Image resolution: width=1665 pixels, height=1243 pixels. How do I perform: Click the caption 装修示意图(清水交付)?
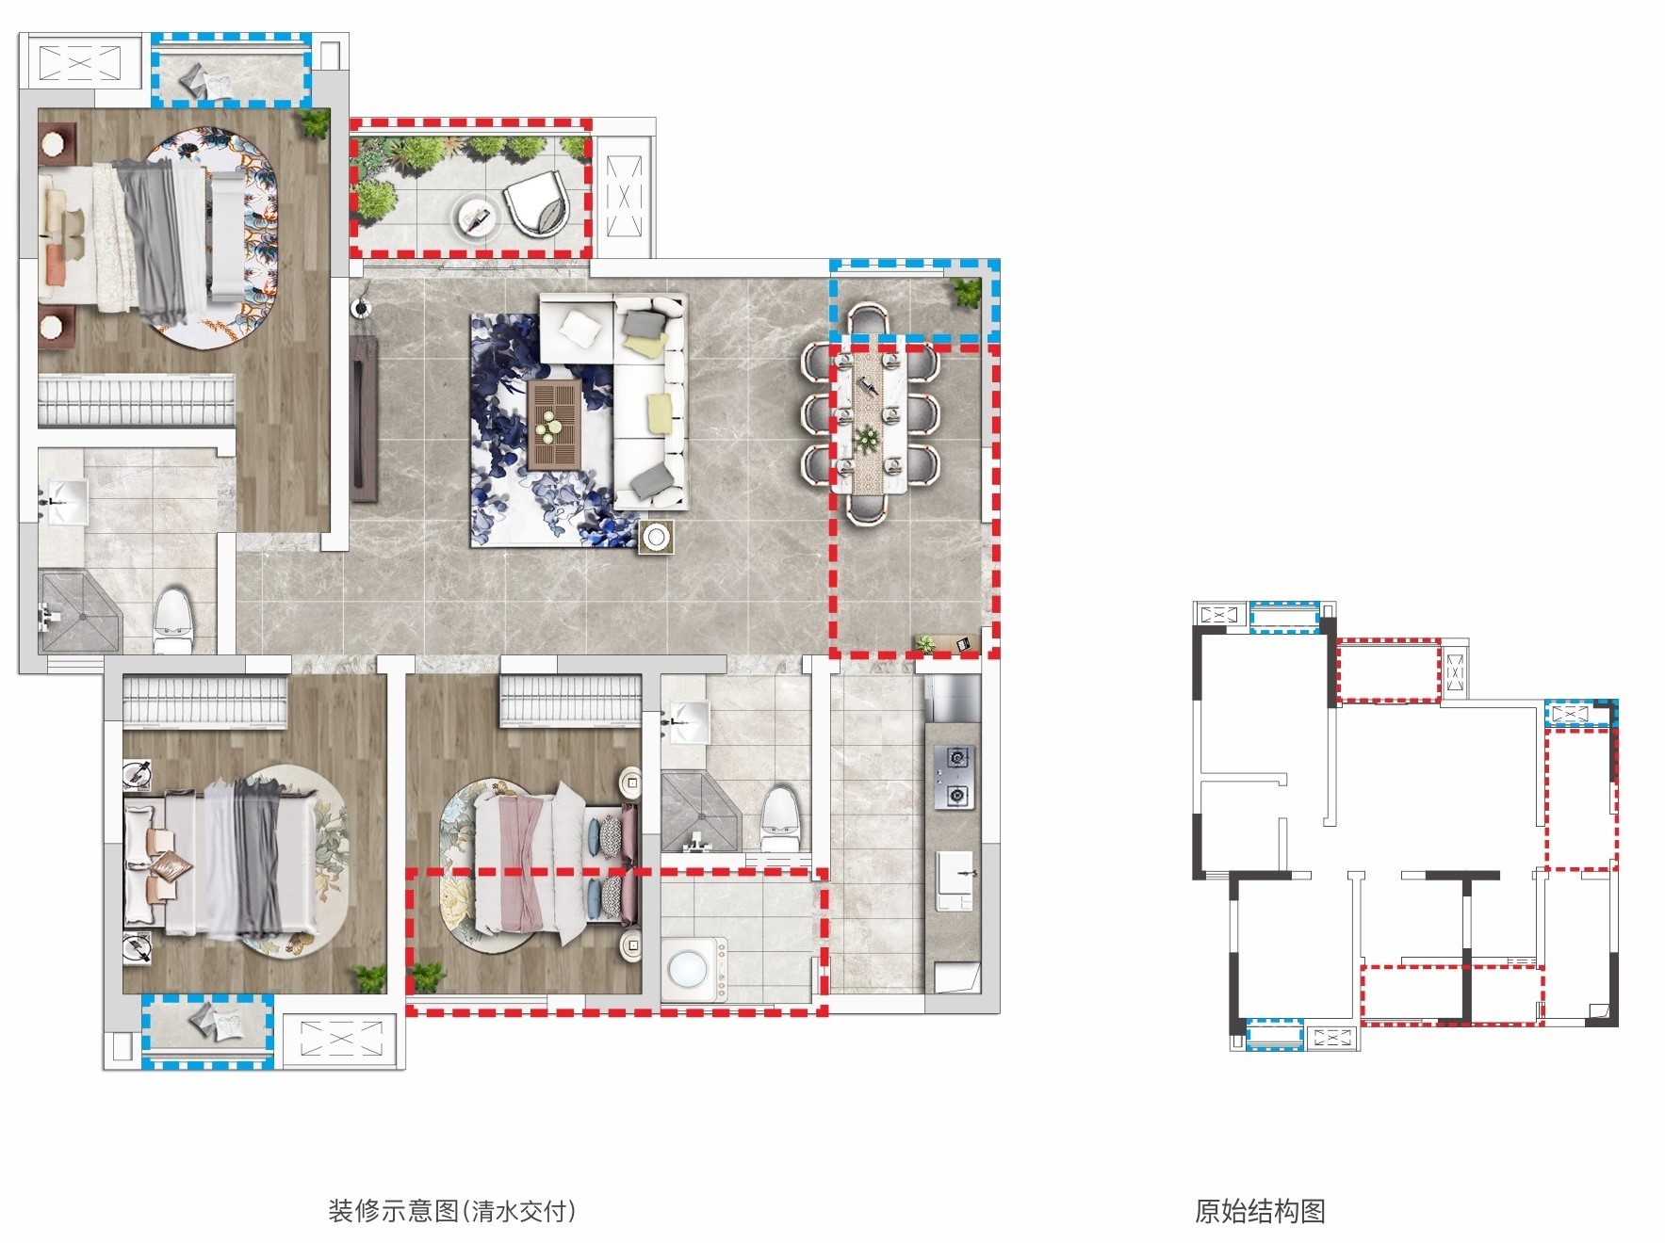pos(451,1210)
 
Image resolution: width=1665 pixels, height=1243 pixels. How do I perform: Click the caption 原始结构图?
pos(1260,1210)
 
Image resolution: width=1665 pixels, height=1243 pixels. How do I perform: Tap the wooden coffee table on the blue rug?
pos(554,424)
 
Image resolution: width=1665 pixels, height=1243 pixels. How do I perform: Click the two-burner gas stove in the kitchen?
pos(954,777)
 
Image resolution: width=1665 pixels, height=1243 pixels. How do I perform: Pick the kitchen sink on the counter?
pos(955,880)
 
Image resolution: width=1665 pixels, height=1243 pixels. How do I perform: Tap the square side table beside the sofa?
pos(656,537)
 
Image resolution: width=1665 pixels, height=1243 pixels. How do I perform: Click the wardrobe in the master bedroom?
pos(136,401)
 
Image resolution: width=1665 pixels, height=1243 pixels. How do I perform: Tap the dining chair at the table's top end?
pos(868,321)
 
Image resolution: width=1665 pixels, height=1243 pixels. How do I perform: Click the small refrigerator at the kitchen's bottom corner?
pos(956,977)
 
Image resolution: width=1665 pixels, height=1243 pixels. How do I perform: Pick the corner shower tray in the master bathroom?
pos(79,612)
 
